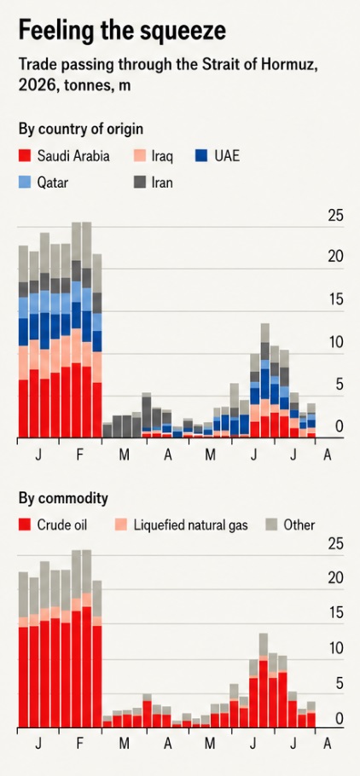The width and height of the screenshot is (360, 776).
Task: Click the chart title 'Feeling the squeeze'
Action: click(122, 31)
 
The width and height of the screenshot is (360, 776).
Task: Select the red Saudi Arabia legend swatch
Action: click(26, 156)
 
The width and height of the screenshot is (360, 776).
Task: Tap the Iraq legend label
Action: click(162, 157)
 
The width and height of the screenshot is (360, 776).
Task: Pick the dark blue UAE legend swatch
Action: click(200, 156)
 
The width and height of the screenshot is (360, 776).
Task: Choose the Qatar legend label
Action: click(53, 182)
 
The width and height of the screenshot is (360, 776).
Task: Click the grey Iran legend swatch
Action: click(140, 182)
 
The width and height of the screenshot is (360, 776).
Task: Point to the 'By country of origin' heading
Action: click(81, 130)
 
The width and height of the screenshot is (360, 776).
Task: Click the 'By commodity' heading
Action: click(63, 498)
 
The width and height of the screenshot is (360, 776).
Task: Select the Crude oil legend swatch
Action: click(26, 524)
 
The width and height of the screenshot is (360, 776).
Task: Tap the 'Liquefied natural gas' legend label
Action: click(190, 524)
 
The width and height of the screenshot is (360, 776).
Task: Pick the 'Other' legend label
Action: click(299, 524)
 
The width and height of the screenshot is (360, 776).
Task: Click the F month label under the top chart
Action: click(80, 455)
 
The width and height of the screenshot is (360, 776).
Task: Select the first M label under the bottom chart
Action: click(124, 744)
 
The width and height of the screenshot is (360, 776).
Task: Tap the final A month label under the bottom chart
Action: click(327, 744)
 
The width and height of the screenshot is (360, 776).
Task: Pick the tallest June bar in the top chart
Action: click(265, 380)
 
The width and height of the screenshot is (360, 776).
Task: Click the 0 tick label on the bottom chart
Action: click(339, 718)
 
